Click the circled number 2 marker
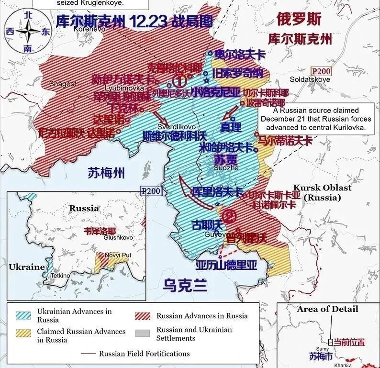(229, 216)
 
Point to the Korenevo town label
(89, 29)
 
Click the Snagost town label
(62, 84)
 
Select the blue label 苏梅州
(106, 173)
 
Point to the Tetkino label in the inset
(60, 276)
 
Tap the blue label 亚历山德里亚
(226, 265)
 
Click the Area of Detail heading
(327, 309)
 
